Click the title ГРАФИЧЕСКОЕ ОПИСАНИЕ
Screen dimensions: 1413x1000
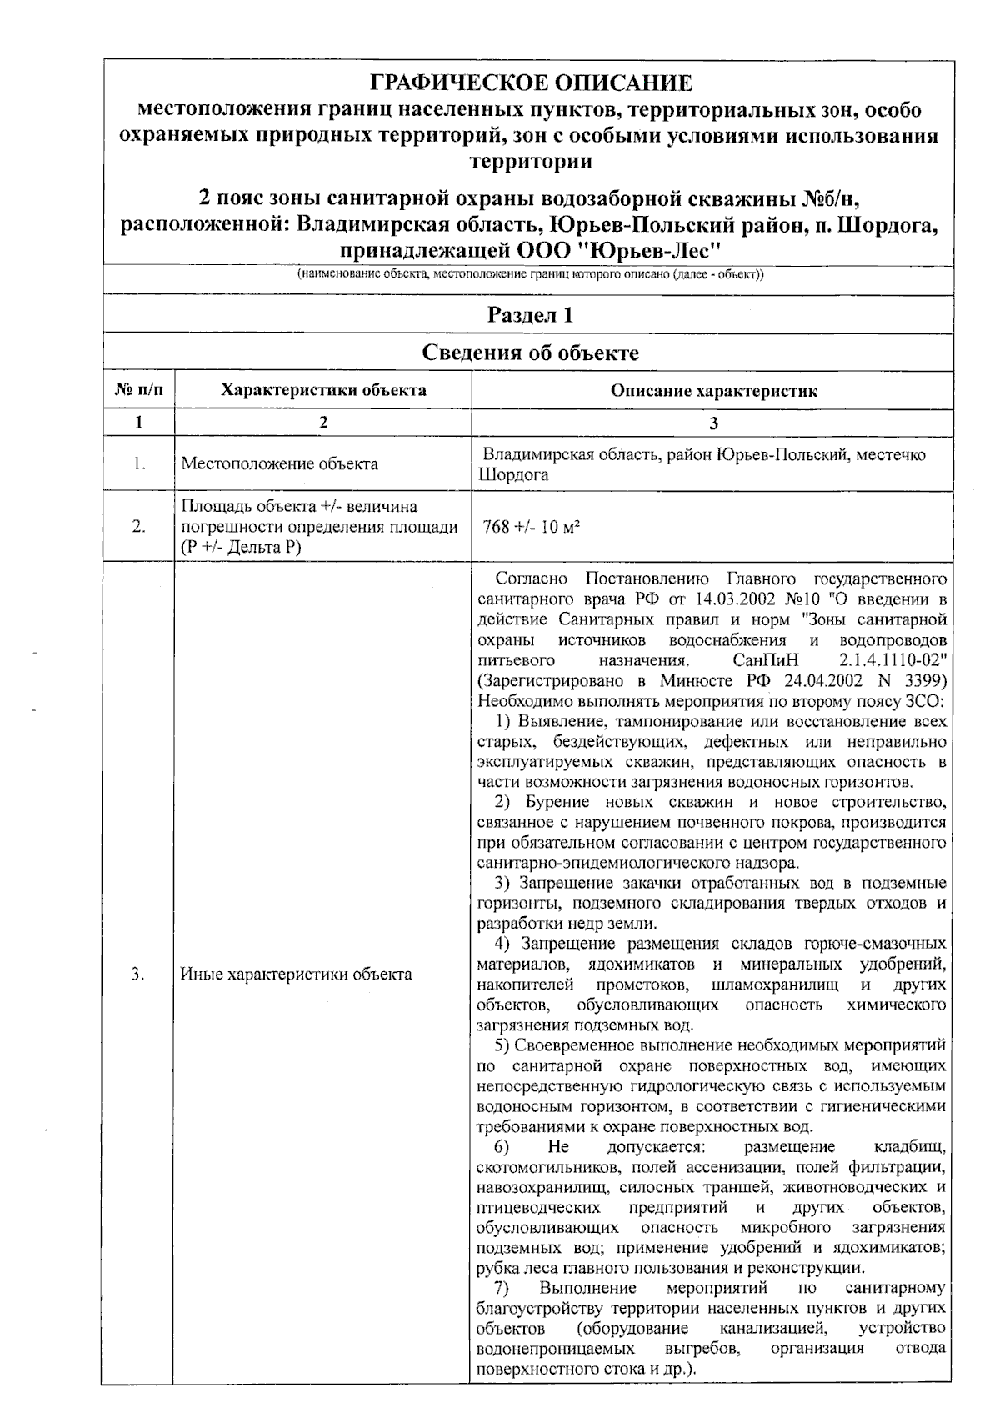tap(530, 83)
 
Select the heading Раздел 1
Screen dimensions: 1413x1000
tap(530, 315)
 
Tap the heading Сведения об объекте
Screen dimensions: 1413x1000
tap(530, 353)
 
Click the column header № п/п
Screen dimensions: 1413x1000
tap(138, 390)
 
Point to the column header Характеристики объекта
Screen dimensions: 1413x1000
tap(323, 390)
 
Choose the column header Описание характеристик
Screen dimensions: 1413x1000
tap(713, 391)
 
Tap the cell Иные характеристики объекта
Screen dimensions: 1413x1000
tap(296, 974)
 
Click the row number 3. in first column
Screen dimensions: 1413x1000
tap(138, 974)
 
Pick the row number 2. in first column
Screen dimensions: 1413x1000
tap(138, 526)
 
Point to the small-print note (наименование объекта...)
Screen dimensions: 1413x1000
tap(530, 274)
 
